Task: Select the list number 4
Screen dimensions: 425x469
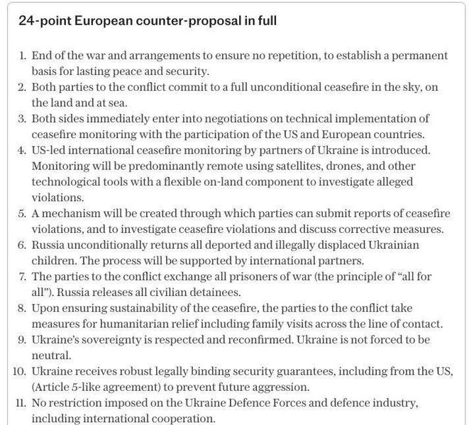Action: pyautogui.click(x=23, y=150)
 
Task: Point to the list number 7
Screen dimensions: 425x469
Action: pyautogui.click(x=23, y=276)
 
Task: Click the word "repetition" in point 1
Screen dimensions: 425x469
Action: pyautogui.click(x=267, y=55)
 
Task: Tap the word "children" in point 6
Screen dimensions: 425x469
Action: pyautogui.click(x=52, y=260)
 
